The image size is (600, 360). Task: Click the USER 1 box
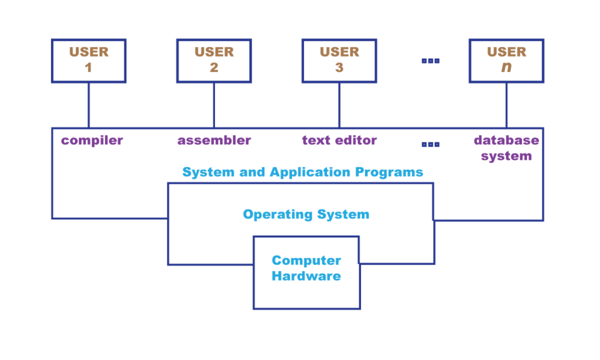point(88,60)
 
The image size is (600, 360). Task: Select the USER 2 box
point(214,60)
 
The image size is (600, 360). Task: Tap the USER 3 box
point(339,60)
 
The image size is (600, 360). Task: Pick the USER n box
point(506,60)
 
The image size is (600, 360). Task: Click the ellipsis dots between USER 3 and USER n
point(430,60)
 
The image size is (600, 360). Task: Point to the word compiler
point(92,141)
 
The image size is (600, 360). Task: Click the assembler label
point(214,141)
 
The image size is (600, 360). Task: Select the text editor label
point(339,141)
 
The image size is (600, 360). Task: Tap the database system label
point(506,148)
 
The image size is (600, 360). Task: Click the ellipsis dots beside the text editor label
point(430,144)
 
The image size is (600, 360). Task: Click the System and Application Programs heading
point(302,172)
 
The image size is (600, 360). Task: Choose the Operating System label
point(306,215)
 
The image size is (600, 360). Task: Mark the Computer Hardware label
point(306,268)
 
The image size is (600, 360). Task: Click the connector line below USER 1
point(88,106)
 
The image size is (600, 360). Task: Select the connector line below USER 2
point(214,106)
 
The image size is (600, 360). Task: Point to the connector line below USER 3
point(339,106)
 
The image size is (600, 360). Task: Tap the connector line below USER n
point(506,106)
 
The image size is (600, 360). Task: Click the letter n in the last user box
point(506,68)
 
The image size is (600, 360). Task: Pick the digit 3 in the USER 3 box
point(339,68)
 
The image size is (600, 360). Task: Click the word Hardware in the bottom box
point(306,276)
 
